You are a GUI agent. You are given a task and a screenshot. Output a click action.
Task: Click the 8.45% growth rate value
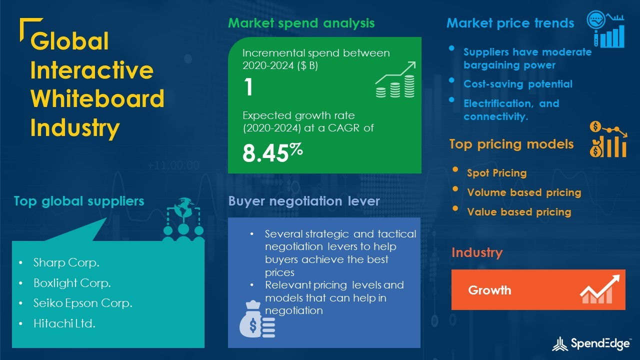tap(272, 152)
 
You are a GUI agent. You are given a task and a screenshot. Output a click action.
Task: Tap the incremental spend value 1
tap(248, 87)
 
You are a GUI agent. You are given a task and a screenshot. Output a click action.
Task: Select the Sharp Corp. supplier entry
tap(66, 262)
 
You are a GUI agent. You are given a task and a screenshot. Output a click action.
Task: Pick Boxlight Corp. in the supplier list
tap(72, 283)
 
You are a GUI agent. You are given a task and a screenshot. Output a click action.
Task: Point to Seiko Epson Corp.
tap(83, 303)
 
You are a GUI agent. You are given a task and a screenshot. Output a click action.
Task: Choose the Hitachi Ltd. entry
tap(64, 323)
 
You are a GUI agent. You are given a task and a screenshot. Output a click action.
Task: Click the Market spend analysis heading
tap(301, 23)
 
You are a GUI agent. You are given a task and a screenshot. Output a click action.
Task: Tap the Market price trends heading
tap(510, 23)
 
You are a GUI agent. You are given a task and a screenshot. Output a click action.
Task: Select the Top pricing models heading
tap(511, 144)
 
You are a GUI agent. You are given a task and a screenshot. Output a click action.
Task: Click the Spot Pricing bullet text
tap(497, 173)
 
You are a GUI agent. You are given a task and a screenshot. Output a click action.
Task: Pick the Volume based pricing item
tap(524, 192)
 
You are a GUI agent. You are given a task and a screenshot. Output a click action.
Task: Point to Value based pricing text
tap(519, 211)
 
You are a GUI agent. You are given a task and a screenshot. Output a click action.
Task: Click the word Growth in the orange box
tap(489, 290)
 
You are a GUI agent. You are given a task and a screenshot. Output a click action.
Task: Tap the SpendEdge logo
tap(591, 343)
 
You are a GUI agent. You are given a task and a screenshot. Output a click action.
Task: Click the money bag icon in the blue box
tap(257, 319)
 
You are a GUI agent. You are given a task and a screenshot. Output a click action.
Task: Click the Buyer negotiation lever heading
tap(304, 201)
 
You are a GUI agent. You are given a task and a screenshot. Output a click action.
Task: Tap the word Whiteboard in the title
tap(97, 98)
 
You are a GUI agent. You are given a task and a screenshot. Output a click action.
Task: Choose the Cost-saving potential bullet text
tap(518, 84)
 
